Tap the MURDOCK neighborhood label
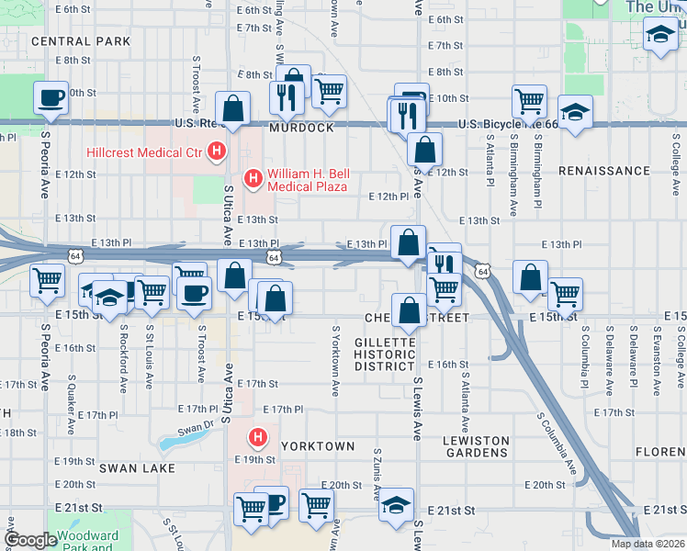[x=301, y=128]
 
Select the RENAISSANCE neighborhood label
[x=603, y=171]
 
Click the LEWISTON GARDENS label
[x=476, y=447]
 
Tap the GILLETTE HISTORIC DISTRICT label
[x=386, y=354]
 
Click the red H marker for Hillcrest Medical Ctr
[x=217, y=152]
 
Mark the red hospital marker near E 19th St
[x=259, y=438]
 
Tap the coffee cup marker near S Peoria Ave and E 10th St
[x=51, y=96]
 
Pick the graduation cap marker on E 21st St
[x=397, y=506]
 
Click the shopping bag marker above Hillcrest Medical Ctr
[x=234, y=107]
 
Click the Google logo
[x=31, y=540]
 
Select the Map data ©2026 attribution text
[x=647, y=544]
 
